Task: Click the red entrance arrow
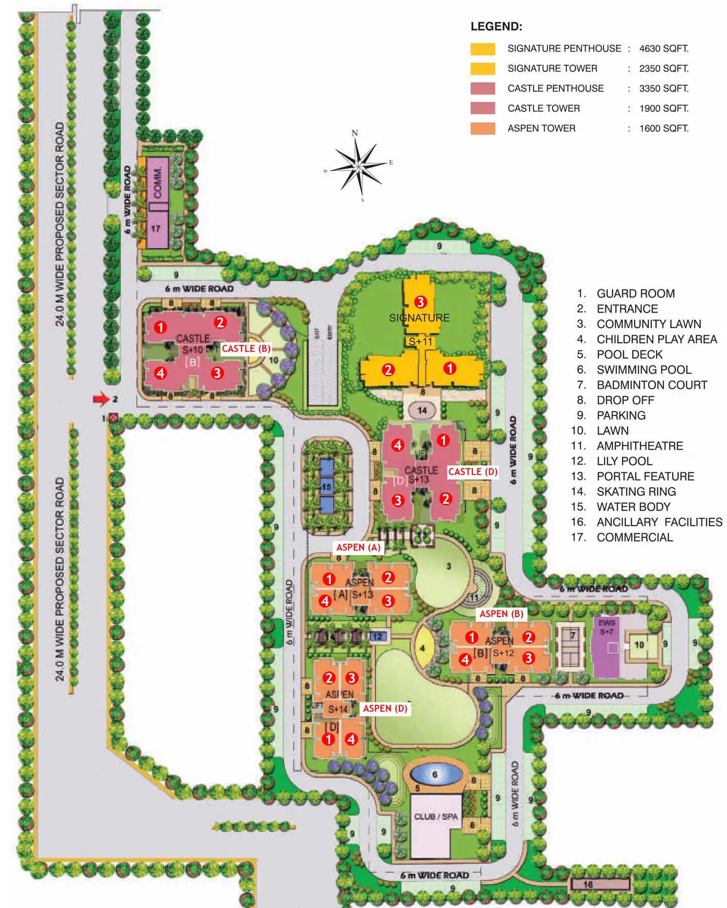tap(101, 399)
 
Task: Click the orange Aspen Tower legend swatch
tap(482, 128)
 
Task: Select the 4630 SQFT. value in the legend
tap(664, 48)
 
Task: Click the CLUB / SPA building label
tap(436, 817)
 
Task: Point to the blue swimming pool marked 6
tap(435, 775)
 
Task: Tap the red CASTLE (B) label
tap(246, 349)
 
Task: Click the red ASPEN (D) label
tap(385, 708)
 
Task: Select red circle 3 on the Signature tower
tap(420, 302)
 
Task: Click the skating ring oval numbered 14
tap(422, 411)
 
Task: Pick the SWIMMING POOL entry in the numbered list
tap(644, 370)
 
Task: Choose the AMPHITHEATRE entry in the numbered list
tap(640, 446)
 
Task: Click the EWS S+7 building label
tap(606, 627)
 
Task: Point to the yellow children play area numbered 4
tap(422, 648)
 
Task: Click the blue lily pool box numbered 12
tap(377, 637)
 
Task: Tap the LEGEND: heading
tap(496, 27)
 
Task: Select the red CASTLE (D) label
tap(473, 472)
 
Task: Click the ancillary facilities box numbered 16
tap(588, 885)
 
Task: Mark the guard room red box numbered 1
tap(113, 417)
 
